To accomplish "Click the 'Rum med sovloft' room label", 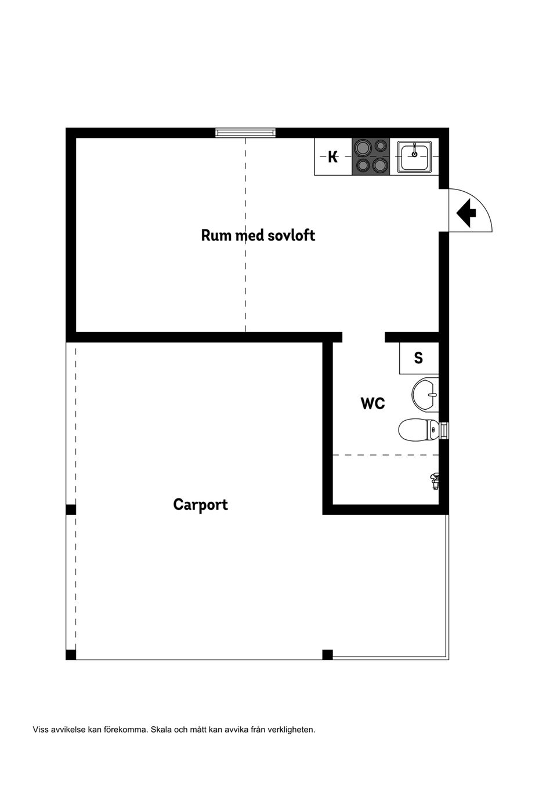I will (x=258, y=235).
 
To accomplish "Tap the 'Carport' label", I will (x=200, y=504).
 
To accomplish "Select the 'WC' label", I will (x=372, y=403).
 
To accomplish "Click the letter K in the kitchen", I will (x=332, y=156).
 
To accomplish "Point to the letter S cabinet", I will (x=418, y=358).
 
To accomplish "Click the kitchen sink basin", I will (x=414, y=156).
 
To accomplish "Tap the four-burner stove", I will (x=371, y=156).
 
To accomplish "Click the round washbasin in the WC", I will (x=425, y=395).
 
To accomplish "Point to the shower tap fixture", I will (x=435, y=480).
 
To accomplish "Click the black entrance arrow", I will (x=466, y=213).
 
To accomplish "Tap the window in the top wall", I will (x=245, y=133).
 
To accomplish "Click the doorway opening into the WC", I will (x=364, y=337).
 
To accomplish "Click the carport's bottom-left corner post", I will (x=71, y=654).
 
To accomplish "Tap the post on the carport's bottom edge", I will (x=327, y=654).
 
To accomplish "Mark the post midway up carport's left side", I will (x=71, y=509).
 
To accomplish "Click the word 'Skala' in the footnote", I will (x=161, y=730).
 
